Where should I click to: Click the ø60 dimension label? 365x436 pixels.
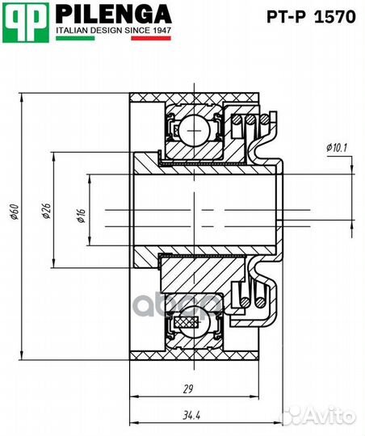click(x=15, y=212)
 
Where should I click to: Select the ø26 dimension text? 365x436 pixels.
click(x=47, y=211)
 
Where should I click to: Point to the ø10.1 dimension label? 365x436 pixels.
click(x=337, y=148)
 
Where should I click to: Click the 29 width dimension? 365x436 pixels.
click(x=188, y=389)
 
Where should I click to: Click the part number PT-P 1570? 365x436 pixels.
click(x=311, y=17)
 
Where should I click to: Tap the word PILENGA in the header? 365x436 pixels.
click(x=114, y=14)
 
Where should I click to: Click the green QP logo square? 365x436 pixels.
click(x=26, y=23)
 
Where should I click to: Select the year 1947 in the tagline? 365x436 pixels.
click(x=162, y=31)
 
